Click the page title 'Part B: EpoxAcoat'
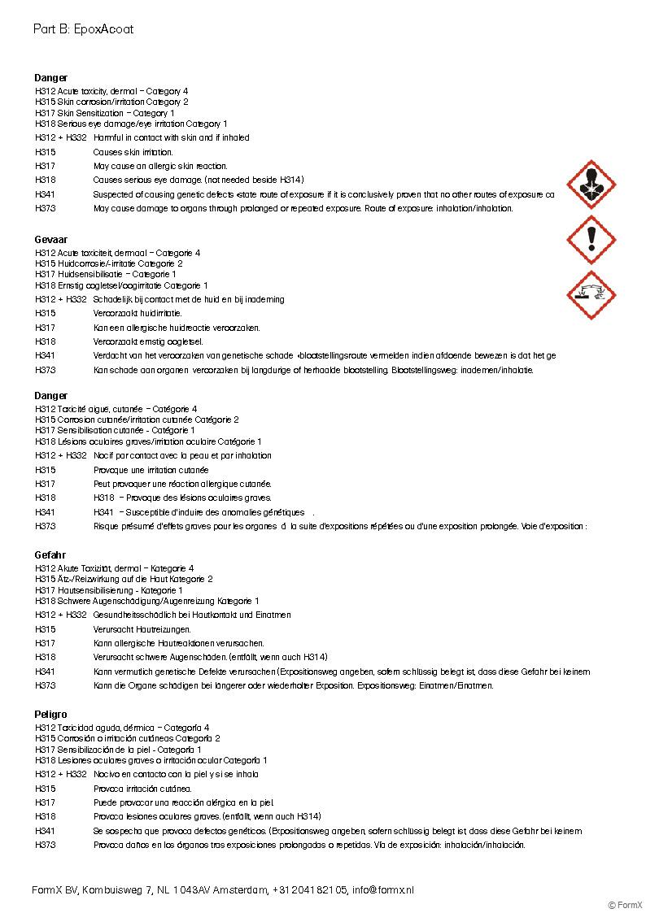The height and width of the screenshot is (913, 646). pos(83,29)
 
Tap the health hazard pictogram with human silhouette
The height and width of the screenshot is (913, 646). pos(591,185)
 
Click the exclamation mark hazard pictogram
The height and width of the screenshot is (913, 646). pos(591,240)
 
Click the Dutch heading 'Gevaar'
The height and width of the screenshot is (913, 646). pos(50,240)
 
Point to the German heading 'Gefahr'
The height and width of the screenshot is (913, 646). pos(50,555)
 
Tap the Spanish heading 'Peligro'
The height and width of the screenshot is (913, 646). pos(50,714)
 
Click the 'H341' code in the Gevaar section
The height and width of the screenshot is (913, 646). pos(46,355)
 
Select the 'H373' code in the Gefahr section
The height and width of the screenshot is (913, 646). pos(46,685)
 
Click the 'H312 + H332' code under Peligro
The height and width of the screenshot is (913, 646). pos(61,774)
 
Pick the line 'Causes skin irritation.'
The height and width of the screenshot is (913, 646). pos(133,152)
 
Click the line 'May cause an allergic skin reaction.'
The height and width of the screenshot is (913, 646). pos(160,166)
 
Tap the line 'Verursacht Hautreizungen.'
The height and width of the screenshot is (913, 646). pos(142,628)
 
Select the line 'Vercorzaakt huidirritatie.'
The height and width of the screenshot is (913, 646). pos(137,313)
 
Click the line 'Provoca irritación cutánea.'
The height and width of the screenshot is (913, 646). pos(142,788)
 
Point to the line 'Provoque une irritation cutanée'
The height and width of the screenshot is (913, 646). pos(151,470)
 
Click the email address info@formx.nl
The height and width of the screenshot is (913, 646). pos(382,889)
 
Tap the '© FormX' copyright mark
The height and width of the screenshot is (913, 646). pos(625,905)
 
